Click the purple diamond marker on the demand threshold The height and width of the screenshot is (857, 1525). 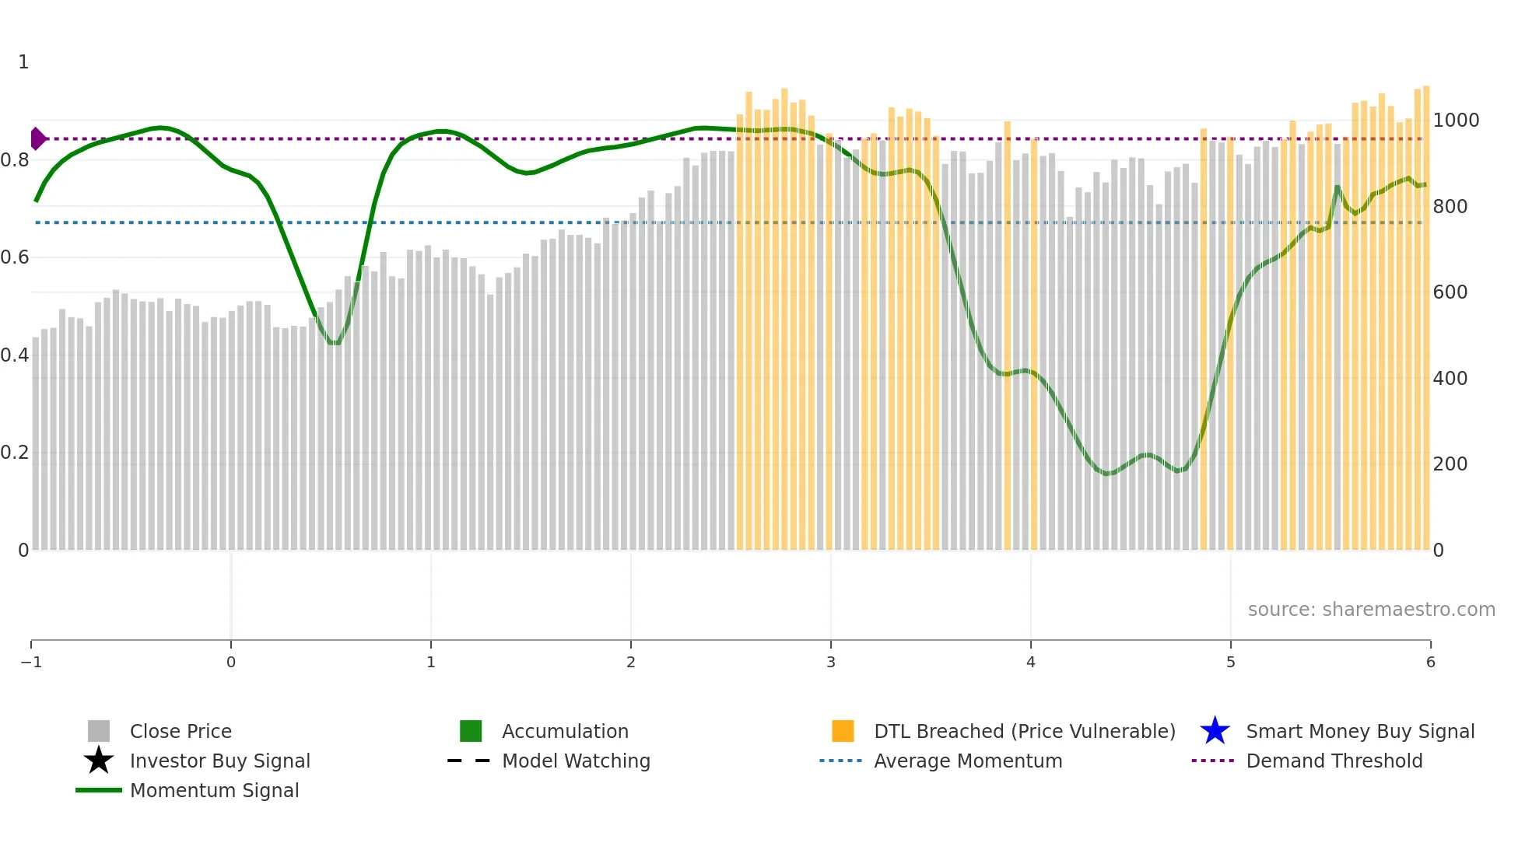37,138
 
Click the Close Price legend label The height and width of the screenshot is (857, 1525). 181,731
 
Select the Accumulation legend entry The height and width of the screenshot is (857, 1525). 565,731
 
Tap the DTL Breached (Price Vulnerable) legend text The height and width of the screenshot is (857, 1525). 1024,731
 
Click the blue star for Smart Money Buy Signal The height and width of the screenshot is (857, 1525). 1215,731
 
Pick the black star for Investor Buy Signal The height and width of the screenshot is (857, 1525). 99,761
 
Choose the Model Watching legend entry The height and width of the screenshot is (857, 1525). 576,761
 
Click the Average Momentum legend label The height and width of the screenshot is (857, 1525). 968,761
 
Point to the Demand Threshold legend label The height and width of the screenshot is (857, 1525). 1334,761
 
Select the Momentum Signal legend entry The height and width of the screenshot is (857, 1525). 214,790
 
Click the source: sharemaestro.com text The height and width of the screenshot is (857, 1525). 1371,609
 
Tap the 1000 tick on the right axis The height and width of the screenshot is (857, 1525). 1456,121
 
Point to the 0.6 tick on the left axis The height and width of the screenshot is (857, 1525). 15,257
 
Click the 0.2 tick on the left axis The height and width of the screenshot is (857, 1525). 15,453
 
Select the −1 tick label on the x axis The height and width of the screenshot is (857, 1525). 31,662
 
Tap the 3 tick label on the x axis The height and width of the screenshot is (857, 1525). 831,662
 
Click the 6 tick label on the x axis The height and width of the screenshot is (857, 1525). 1430,662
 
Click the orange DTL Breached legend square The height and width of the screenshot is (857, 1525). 843,731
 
